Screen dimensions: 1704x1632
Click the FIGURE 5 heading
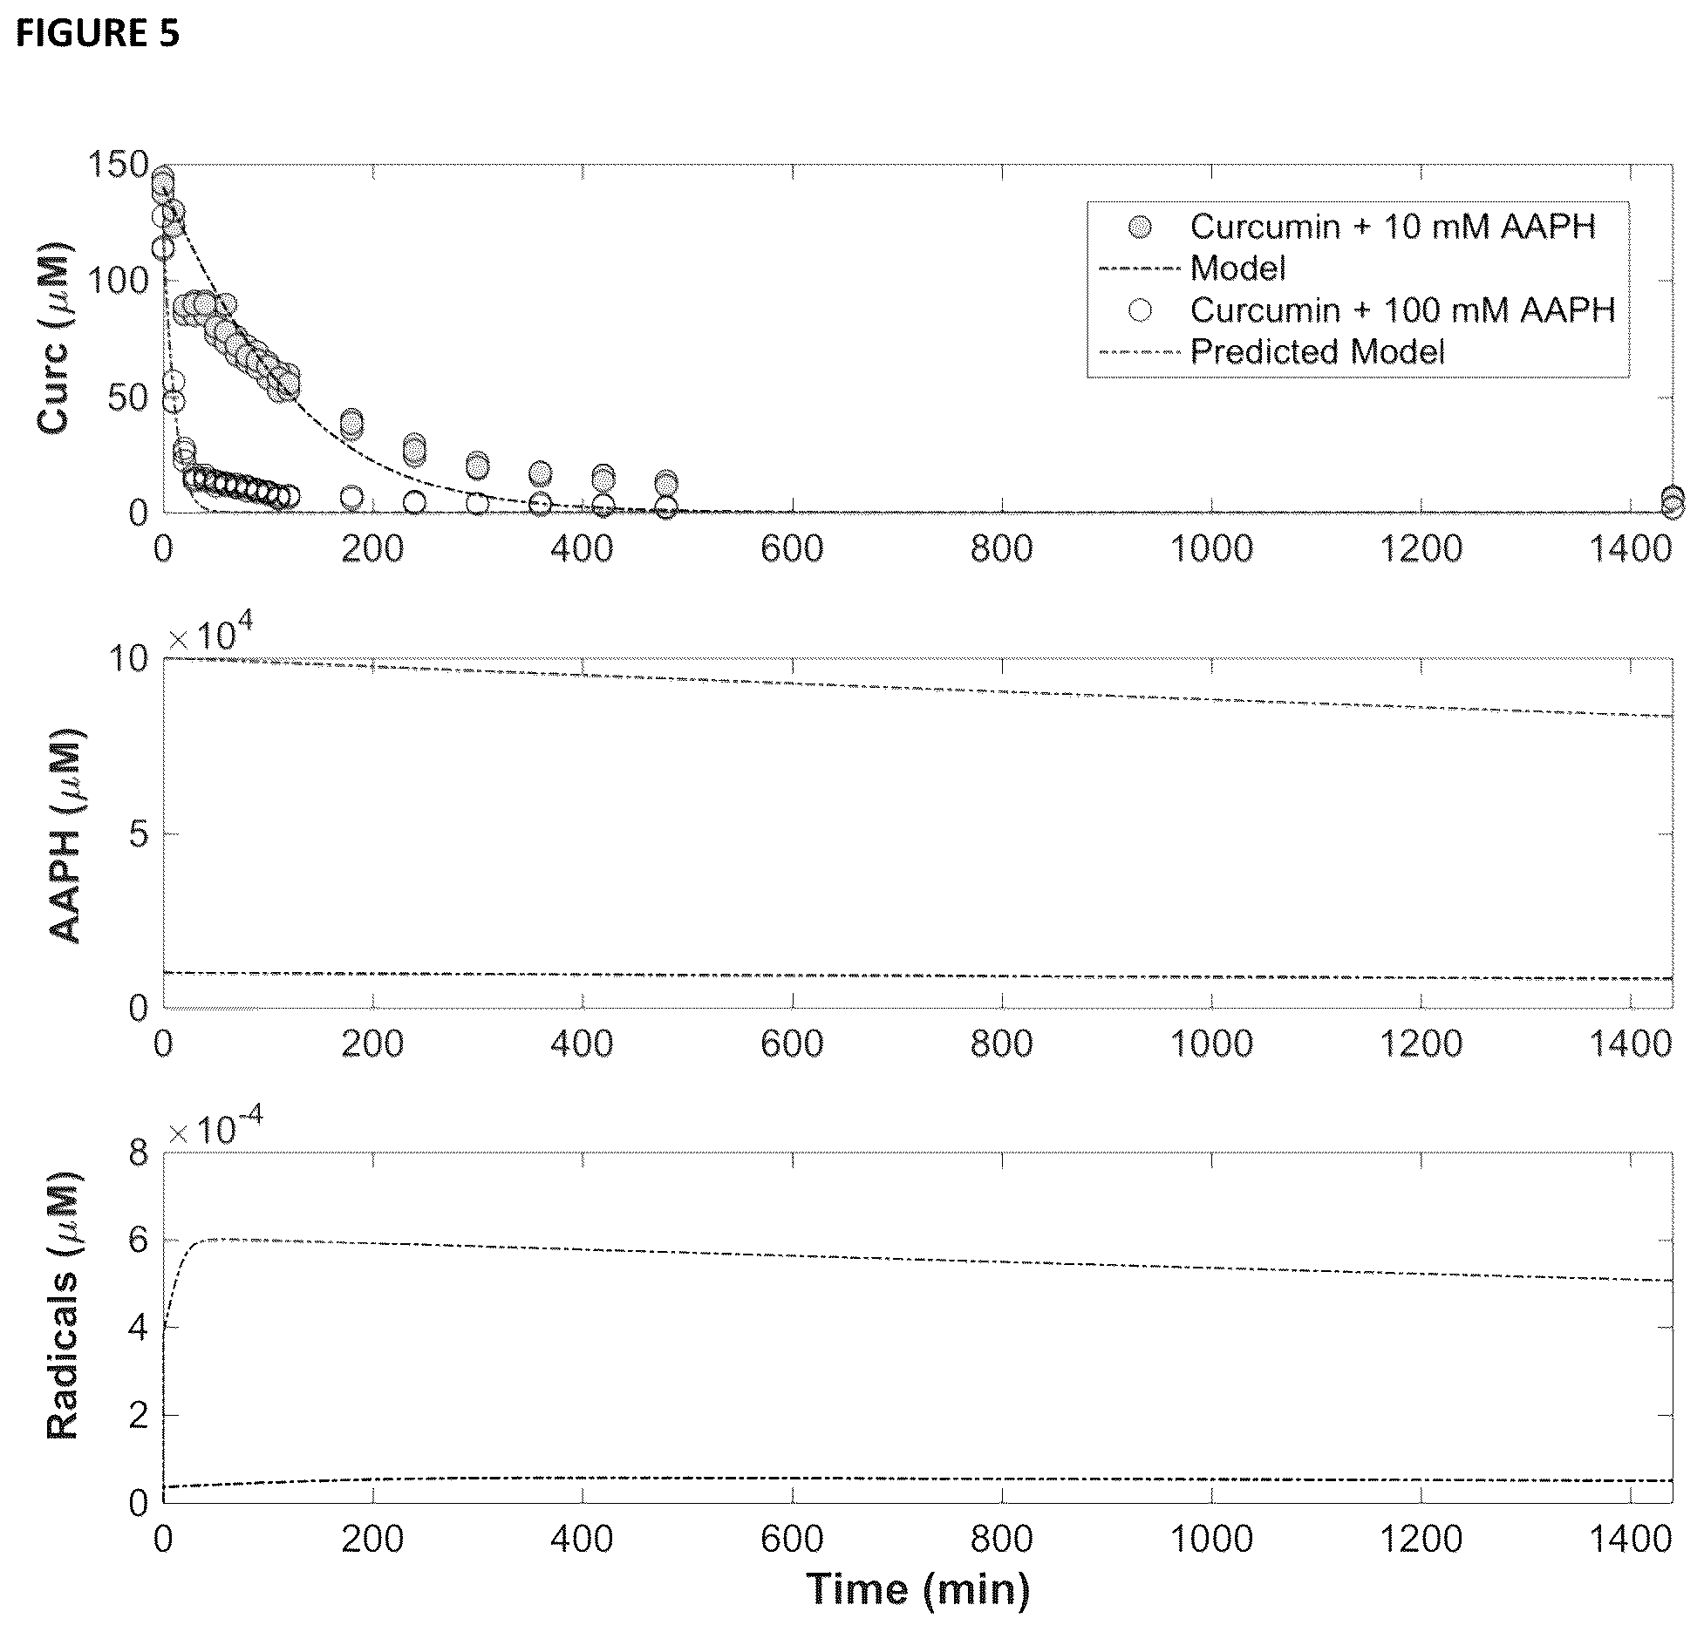(98, 33)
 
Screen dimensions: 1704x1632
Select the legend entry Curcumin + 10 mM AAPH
(1393, 227)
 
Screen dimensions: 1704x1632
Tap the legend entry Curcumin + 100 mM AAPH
(1403, 309)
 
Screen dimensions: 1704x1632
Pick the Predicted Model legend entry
(1318, 351)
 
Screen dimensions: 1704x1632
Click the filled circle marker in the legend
(1140, 228)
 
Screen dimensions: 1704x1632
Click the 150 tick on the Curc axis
(119, 164)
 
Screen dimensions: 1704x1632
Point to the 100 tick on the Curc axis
(119, 281)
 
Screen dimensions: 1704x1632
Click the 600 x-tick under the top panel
(792, 549)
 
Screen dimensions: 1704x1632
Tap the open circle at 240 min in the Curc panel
(414, 502)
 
